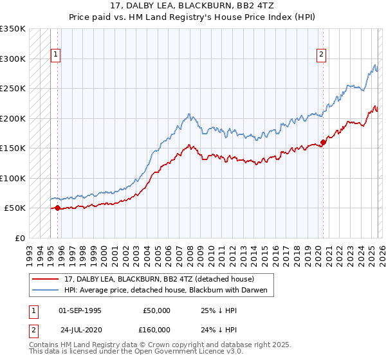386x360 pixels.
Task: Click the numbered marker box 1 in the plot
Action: point(57,55)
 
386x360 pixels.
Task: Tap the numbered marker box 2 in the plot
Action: point(321,55)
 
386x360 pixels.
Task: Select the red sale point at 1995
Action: point(57,208)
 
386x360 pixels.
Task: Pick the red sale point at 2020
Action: point(323,143)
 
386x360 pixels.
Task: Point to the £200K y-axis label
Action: point(12,118)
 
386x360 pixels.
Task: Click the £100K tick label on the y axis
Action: point(12,178)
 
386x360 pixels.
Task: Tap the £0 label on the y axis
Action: point(19,238)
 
